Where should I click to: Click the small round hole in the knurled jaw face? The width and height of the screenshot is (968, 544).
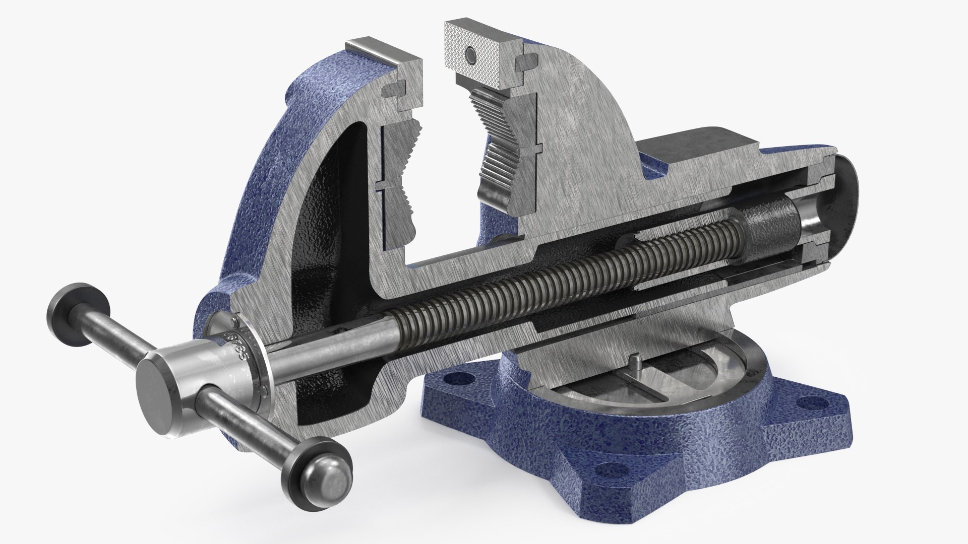tap(470, 54)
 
